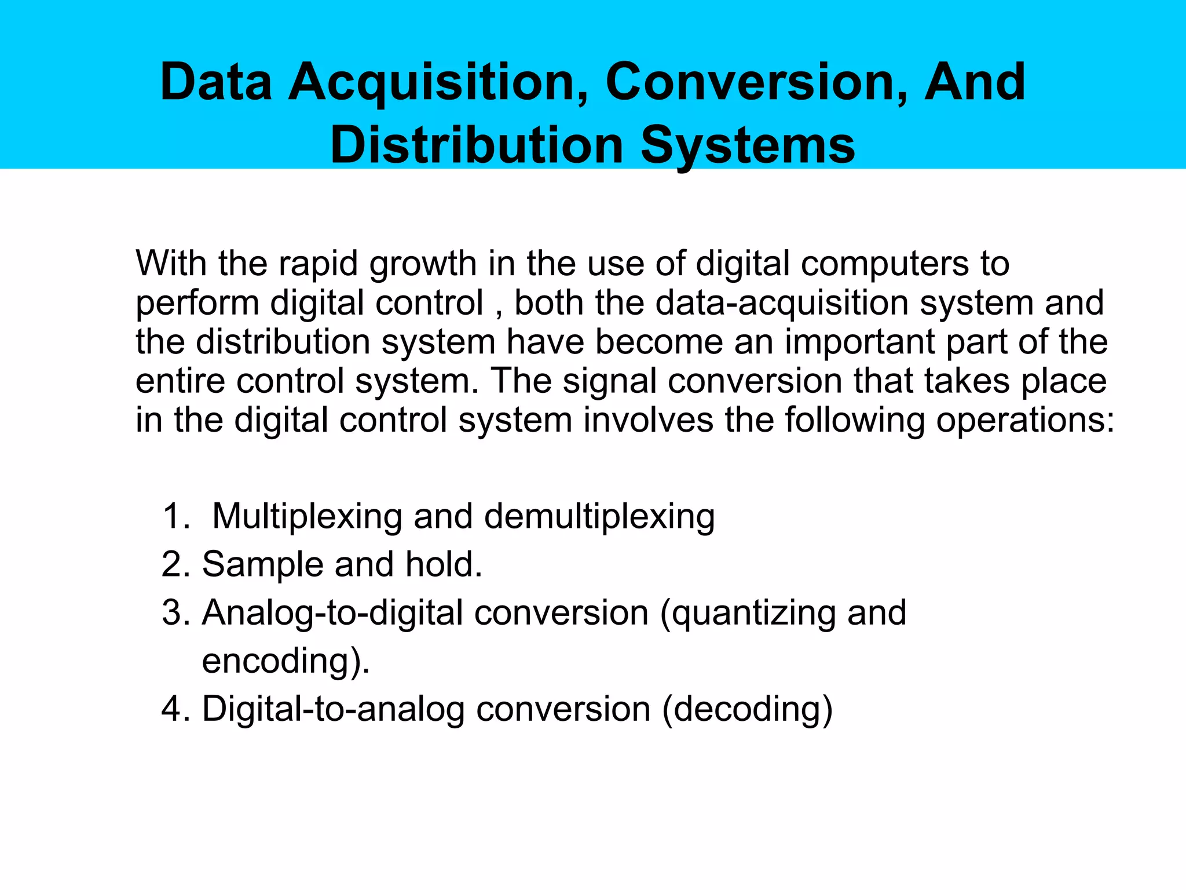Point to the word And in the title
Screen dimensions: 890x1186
(974, 82)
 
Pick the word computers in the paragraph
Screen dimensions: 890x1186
(885, 265)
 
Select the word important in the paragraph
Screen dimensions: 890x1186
(860, 342)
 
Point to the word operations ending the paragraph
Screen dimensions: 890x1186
(1025, 421)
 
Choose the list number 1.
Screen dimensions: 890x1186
(175, 516)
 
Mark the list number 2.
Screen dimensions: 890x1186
(175, 564)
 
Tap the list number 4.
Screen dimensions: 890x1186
(175, 709)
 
